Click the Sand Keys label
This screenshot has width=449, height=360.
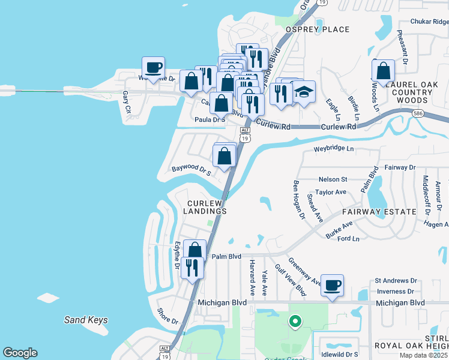click(86, 320)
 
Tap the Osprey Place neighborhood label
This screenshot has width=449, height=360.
click(318, 29)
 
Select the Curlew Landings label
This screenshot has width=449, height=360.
click(205, 207)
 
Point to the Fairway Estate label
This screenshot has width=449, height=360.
click(379, 212)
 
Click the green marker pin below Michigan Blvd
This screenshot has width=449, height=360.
click(295, 322)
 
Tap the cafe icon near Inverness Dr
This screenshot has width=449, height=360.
click(332, 285)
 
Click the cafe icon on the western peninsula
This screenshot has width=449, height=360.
click(153, 67)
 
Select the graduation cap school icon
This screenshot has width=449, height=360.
click(304, 92)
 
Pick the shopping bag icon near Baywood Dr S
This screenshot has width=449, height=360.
click(224, 157)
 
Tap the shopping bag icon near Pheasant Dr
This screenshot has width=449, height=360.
click(382, 71)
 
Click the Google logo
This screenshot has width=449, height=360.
click(20, 353)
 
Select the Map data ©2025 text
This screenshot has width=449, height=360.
click(423, 355)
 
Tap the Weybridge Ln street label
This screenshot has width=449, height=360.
click(334, 148)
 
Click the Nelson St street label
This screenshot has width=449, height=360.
click(333, 179)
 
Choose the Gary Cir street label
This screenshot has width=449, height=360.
click(126, 101)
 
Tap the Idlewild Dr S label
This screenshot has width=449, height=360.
click(339, 347)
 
